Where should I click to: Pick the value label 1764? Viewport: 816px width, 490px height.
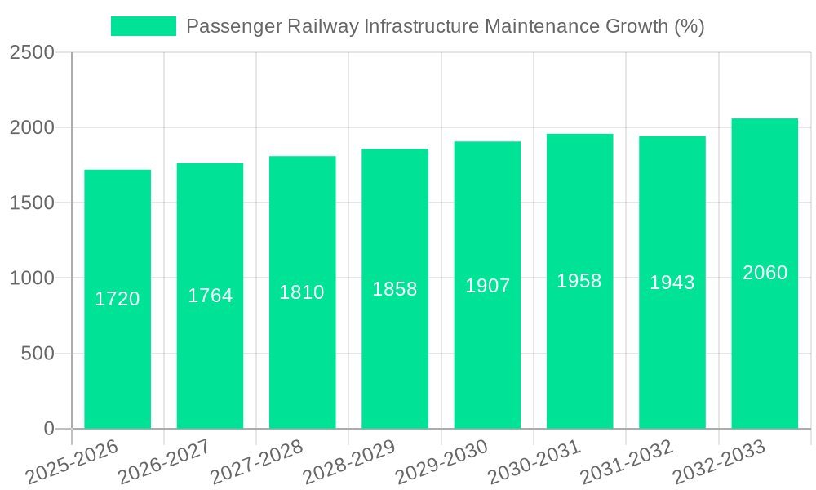pos(211,296)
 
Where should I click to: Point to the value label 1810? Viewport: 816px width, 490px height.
pos(302,292)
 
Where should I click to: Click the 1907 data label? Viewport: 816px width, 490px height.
pos(487,286)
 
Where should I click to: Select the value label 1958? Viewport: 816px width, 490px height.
pos(579,281)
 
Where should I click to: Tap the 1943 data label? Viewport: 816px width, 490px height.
pos(672,283)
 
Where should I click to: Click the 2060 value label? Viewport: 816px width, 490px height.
pos(765,273)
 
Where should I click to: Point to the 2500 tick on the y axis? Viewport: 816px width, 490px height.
pos(32,52)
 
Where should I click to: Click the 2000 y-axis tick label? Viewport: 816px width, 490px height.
pos(32,127)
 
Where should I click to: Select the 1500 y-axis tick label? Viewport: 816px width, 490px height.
pos(32,203)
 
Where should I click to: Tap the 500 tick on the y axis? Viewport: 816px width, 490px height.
pos(38,354)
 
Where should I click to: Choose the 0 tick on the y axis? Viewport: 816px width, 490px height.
pos(48,429)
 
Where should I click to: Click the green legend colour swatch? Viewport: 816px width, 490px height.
pos(144,26)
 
